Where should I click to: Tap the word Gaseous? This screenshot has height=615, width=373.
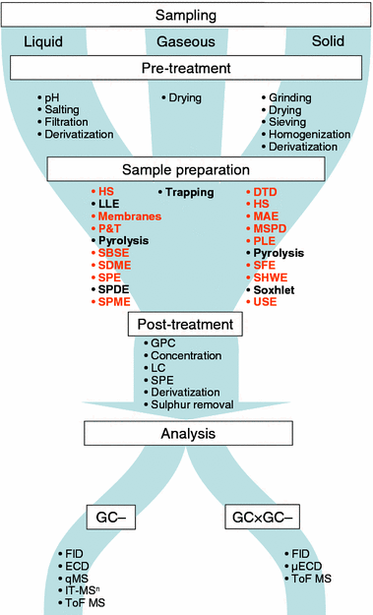click(x=186, y=42)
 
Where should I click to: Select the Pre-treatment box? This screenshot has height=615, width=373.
click(x=186, y=70)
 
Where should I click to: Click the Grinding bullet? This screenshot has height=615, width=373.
click(x=290, y=98)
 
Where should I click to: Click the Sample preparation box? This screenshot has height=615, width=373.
click(x=186, y=169)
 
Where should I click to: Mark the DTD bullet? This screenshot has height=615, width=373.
click(x=269, y=190)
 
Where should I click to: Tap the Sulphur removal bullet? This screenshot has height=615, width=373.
click(x=191, y=403)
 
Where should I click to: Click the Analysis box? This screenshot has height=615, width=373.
click(x=185, y=434)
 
